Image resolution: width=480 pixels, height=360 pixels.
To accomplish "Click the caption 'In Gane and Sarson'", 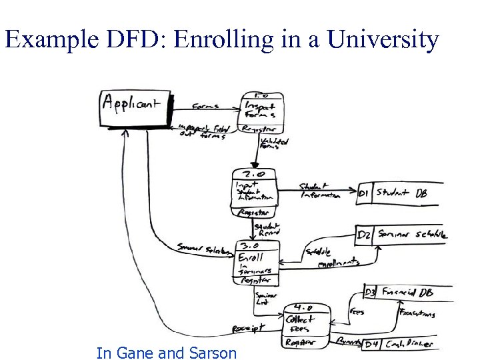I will pyautogui.click(x=166, y=353).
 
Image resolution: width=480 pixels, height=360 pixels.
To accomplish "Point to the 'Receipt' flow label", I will pyautogui.click(x=248, y=327).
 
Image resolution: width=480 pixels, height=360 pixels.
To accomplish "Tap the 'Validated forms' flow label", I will pyautogui.click(x=273, y=144).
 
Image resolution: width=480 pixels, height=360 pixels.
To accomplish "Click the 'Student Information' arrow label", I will pyautogui.click(x=319, y=191).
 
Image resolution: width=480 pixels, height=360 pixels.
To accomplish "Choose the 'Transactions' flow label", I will pyautogui.click(x=416, y=312).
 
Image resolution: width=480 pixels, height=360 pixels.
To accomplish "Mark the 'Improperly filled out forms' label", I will pyautogui.click(x=204, y=131).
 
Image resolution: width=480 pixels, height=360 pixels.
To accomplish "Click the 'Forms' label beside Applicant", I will pyautogui.click(x=205, y=105).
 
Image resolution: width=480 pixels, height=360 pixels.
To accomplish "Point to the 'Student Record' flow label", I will pyautogui.click(x=267, y=231).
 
